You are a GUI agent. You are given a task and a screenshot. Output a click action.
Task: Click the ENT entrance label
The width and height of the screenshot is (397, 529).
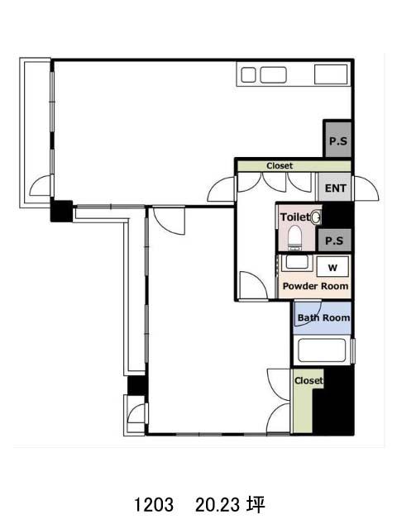pyautogui.click(x=335, y=188)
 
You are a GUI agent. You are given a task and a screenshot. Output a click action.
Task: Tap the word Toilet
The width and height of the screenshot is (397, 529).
pyautogui.click(x=294, y=217)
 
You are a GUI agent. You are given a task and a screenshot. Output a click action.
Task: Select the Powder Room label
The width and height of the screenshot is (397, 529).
pyautogui.click(x=315, y=286)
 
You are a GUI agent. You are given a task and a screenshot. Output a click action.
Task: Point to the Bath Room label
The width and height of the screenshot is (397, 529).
pyautogui.click(x=323, y=317)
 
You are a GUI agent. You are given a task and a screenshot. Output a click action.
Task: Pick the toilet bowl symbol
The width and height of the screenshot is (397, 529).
pyautogui.click(x=294, y=237)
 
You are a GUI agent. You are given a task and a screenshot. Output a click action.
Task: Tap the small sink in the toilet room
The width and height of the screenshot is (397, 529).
pyautogui.click(x=316, y=217)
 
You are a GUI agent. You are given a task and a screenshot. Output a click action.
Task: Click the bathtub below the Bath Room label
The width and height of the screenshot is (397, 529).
pyautogui.click(x=323, y=350)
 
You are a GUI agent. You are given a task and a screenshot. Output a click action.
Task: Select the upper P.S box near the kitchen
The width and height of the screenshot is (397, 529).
pyautogui.click(x=338, y=140)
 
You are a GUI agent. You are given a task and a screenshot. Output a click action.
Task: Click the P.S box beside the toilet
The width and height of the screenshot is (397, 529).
pyautogui.click(x=334, y=241)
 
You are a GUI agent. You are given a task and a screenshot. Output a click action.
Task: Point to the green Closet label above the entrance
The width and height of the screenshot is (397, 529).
pyautogui.click(x=280, y=166)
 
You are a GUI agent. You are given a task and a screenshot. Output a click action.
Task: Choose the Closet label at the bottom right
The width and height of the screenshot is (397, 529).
pyautogui.click(x=309, y=381)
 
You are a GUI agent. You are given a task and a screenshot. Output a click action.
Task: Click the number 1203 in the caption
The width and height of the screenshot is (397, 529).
pyautogui.click(x=154, y=505)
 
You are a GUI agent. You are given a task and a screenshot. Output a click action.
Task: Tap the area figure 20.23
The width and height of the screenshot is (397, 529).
pyautogui.click(x=218, y=505)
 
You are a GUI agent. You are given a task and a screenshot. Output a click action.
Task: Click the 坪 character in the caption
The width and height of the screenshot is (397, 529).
pyautogui.click(x=256, y=505)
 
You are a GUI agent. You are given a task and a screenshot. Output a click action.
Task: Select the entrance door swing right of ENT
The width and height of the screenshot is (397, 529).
pyautogui.click(x=366, y=188)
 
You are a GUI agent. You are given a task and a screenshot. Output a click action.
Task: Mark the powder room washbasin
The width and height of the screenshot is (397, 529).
pyautogui.click(x=297, y=262)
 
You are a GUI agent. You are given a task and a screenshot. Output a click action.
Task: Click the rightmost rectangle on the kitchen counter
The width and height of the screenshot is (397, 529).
pyautogui.click(x=331, y=74)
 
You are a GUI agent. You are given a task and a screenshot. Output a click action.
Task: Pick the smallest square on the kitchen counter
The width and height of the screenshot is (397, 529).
pyautogui.click(x=248, y=75)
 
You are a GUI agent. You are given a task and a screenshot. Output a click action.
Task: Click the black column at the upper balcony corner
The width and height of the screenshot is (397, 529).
pyautogui.click(x=61, y=212)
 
